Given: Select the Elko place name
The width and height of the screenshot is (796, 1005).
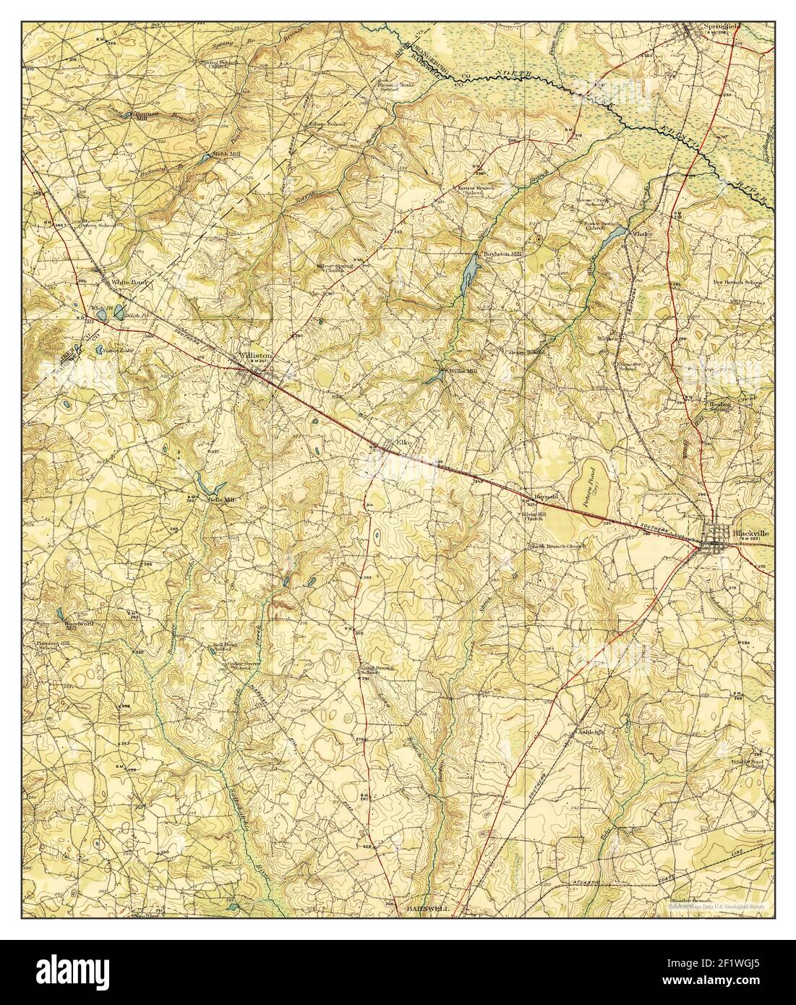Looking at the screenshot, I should pyautogui.click(x=403, y=442).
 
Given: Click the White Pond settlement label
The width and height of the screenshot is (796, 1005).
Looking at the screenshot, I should pyautogui.click(x=124, y=281).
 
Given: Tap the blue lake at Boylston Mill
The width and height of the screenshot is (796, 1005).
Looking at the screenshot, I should pyautogui.click(x=470, y=270).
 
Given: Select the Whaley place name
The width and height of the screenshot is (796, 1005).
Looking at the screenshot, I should pyautogui.click(x=641, y=234).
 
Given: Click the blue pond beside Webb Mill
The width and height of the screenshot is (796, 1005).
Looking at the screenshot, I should pyautogui.click(x=207, y=156).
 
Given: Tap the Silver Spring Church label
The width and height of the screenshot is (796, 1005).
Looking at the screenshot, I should pyautogui.click(x=333, y=268).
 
